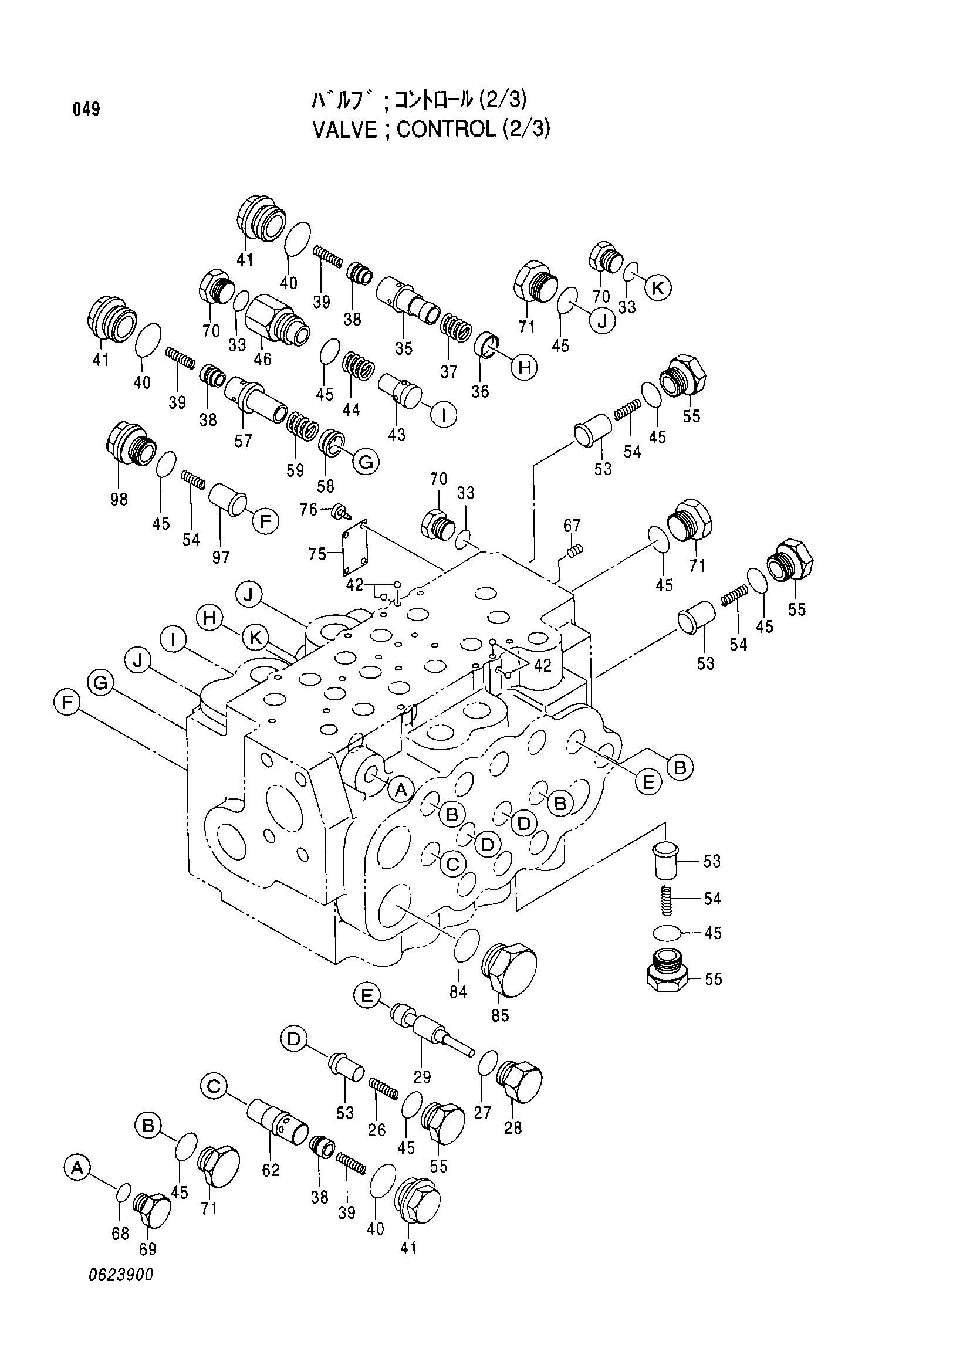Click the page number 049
click(x=87, y=110)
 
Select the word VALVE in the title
click(x=346, y=129)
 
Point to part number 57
click(x=244, y=441)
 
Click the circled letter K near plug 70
click(x=657, y=288)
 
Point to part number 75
click(x=317, y=554)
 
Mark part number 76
click(x=309, y=509)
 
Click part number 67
click(x=572, y=525)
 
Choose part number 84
click(x=458, y=992)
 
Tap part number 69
click(x=148, y=1249)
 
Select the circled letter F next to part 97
click(x=265, y=521)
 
